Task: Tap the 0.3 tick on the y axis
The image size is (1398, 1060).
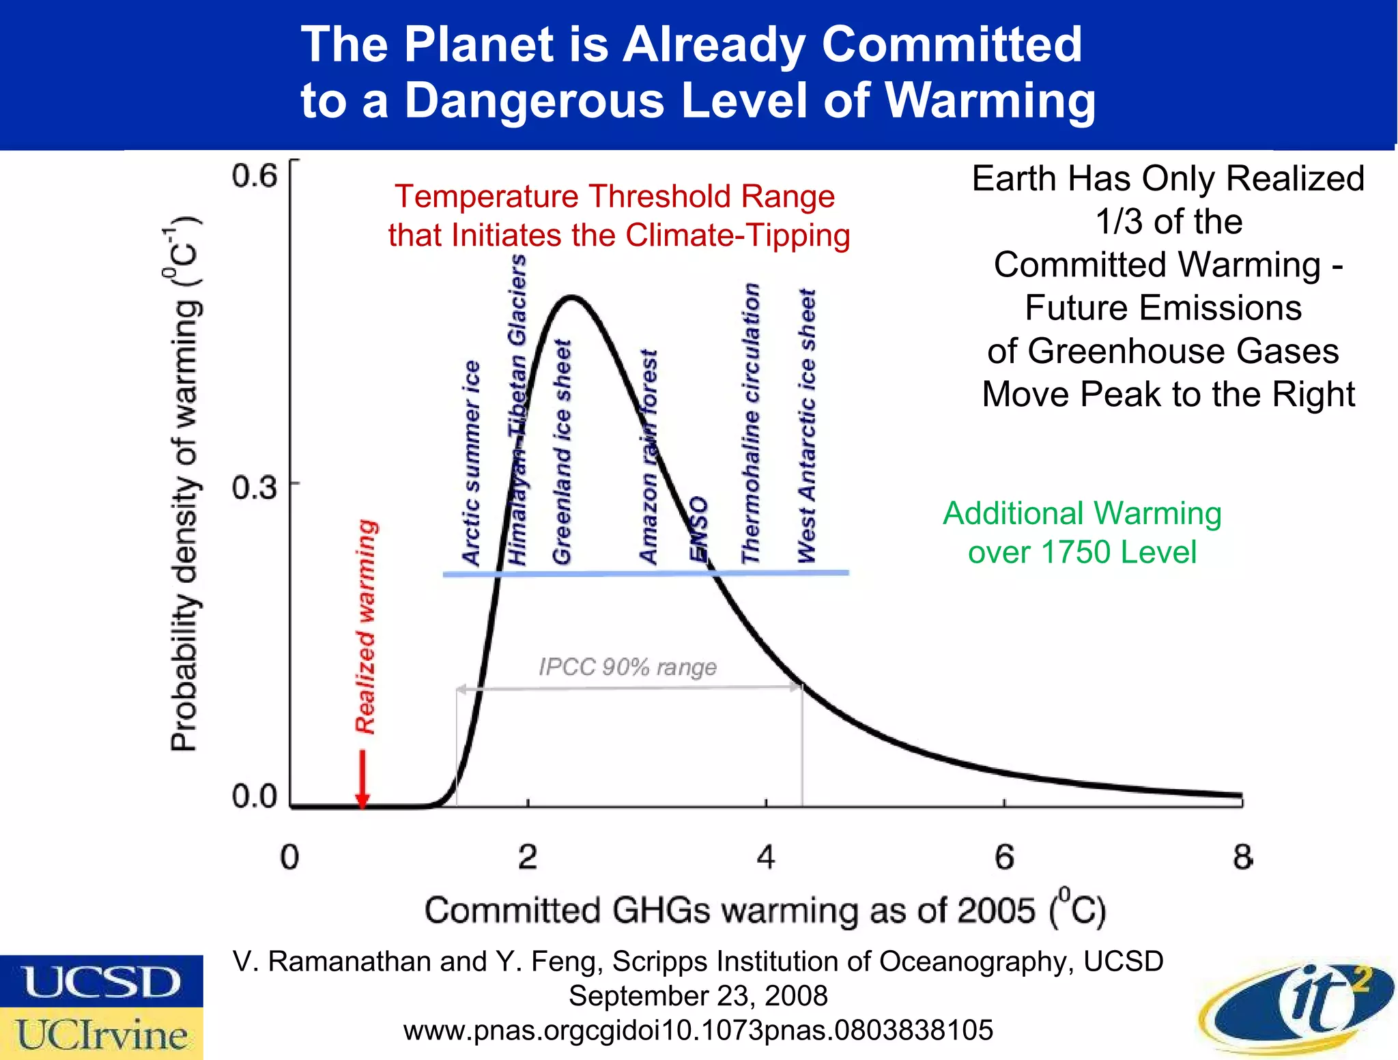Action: click(254, 487)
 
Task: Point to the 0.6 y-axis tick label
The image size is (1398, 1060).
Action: click(254, 176)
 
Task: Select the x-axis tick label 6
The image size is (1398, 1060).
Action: click(1004, 857)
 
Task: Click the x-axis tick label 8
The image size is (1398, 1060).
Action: click(1242, 857)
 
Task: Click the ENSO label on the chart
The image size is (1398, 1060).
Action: click(698, 529)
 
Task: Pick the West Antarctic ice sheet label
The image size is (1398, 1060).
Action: click(807, 426)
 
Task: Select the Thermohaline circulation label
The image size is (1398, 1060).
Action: click(751, 423)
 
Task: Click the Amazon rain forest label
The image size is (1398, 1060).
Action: click(648, 457)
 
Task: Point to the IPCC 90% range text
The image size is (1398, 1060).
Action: click(627, 667)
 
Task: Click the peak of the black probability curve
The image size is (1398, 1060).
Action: click(572, 297)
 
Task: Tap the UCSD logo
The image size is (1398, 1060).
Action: click(101, 982)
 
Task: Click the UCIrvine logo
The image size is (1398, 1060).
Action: click(101, 1033)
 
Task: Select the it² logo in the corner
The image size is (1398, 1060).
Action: click(1297, 1007)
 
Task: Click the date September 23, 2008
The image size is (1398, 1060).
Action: click(698, 996)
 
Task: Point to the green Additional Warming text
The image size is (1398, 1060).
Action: click(1082, 532)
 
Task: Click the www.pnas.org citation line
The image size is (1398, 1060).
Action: click(698, 1030)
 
